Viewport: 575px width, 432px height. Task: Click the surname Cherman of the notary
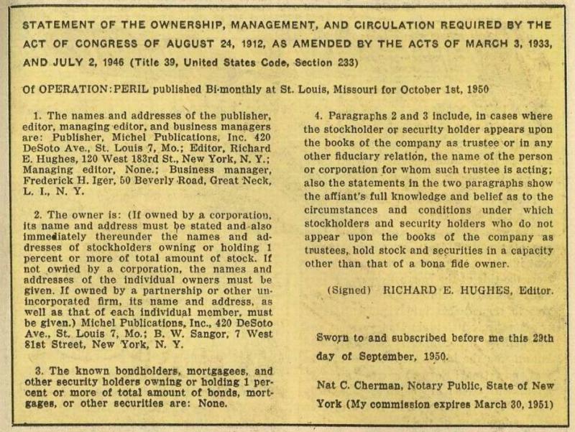pyautogui.click(x=376, y=385)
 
